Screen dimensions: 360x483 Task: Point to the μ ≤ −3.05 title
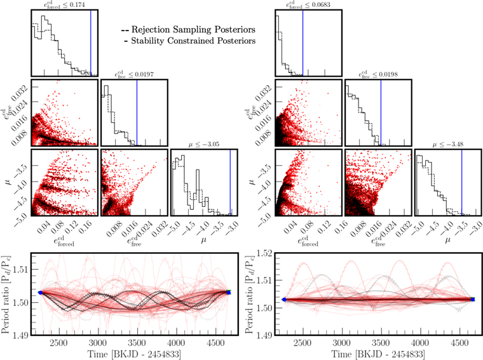(x=205, y=145)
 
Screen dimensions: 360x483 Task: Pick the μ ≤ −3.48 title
(x=447, y=145)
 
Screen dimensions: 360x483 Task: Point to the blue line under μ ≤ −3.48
(x=461, y=184)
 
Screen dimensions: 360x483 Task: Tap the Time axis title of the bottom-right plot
(x=371, y=354)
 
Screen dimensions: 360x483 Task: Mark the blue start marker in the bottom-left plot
(x=39, y=292)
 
